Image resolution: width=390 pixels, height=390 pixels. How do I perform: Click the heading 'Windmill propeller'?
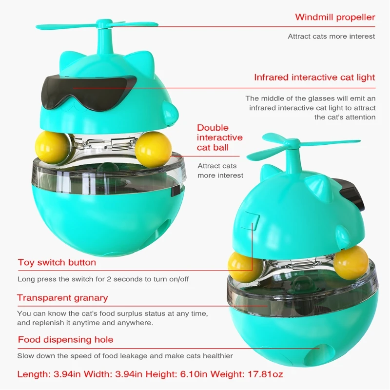335,18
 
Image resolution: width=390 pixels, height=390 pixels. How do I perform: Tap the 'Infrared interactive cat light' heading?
314,78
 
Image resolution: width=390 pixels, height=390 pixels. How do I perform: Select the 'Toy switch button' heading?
57,262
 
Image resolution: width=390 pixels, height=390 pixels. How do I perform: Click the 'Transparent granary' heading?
62,298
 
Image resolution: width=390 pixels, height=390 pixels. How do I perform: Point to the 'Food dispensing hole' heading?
65,340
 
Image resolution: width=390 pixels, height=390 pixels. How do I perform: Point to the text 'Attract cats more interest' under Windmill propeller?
331,37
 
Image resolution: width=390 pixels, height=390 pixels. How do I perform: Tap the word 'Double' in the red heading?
213,128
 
